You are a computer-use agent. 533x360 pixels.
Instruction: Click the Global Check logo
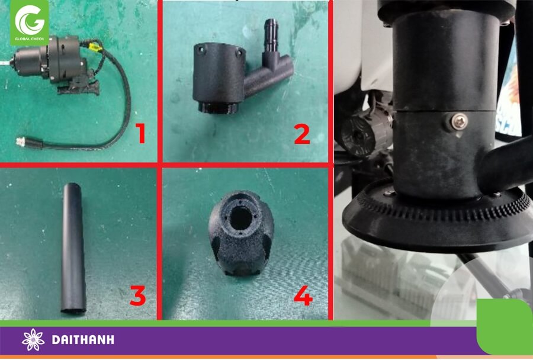[x=29, y=22]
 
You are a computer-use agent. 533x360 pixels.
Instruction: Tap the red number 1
[x=140, y=133]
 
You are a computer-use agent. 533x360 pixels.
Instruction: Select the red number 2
[x=302, y=134]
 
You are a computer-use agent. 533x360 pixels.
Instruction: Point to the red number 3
[x=137, y=295]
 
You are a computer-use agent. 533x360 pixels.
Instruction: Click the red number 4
[x=303, y=295]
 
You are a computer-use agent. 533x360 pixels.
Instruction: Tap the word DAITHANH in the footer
[x=83, y=340]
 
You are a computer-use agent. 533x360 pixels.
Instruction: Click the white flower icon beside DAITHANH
[x=33, y=340]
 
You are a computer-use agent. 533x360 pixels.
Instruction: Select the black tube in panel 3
[x=73, y=248]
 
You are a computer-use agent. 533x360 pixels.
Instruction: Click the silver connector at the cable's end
[x=21, y=141]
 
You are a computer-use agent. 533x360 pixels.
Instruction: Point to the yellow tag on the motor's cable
[x=96, y=46]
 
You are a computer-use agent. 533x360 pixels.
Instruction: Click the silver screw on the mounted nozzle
[x=459, y=123]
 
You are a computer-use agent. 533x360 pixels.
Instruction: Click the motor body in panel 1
[x=51, y=60]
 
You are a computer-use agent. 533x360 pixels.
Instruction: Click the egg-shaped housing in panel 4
[x=241, y=233]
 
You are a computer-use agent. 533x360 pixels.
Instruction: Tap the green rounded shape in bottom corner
[x=505, y=327]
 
